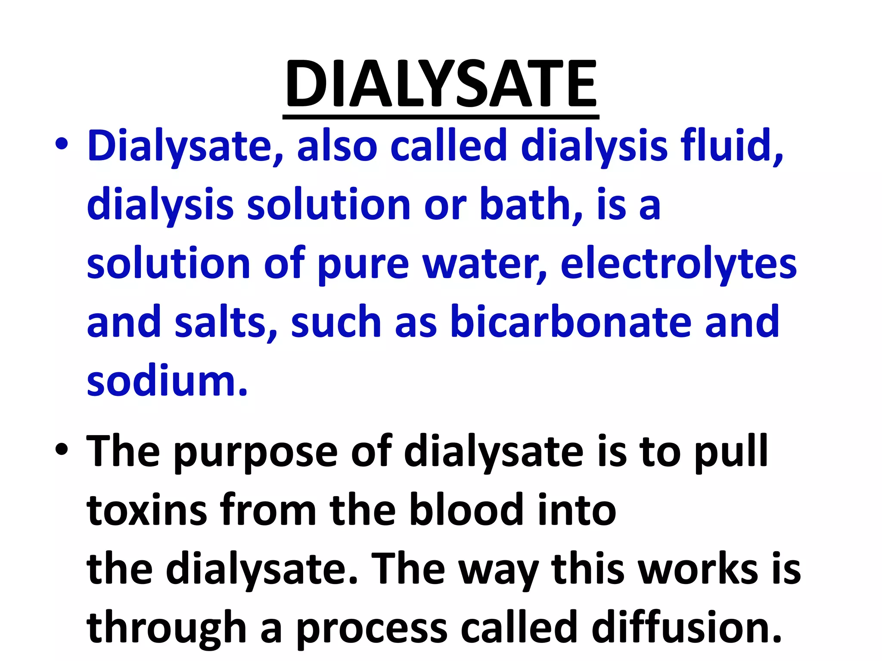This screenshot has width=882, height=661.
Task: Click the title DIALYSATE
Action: tap(441, 84)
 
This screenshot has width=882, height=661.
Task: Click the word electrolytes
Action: tap(678, 264)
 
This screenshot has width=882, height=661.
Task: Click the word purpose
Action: tap(256, 452)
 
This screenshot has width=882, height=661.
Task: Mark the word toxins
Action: tap(147, 510)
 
